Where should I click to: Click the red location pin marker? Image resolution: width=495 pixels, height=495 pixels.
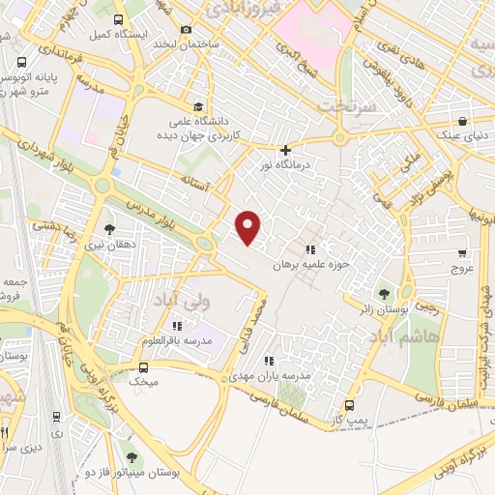click(249, 227)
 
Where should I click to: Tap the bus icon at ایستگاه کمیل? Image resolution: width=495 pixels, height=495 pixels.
click(118, 19)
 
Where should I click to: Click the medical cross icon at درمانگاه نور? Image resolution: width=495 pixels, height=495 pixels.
click(284, 150)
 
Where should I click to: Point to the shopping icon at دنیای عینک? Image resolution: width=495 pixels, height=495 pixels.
click(463, 122)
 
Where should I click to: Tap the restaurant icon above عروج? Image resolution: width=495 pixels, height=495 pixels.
click(461, 253)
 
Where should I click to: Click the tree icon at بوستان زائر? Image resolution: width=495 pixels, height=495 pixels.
click(386, 292)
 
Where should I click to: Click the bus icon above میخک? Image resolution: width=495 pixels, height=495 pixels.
click(143, 367)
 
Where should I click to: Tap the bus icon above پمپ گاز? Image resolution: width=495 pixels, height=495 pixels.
click(349, 405)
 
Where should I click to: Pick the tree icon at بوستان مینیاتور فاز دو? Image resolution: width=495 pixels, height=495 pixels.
click(131, 456)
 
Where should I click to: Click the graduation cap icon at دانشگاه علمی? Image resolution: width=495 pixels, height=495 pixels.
click(198, 107)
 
